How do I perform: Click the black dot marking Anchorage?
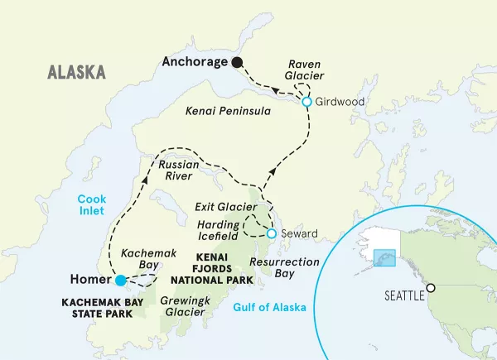pos(238,62)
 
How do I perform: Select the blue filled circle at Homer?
pos(121,280)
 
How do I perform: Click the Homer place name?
pos(91,280)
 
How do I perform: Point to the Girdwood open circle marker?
pos(306,102)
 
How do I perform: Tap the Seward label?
pos(299,234)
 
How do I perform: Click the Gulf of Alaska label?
pos(271,308)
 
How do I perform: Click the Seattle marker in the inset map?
pos(431,288)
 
